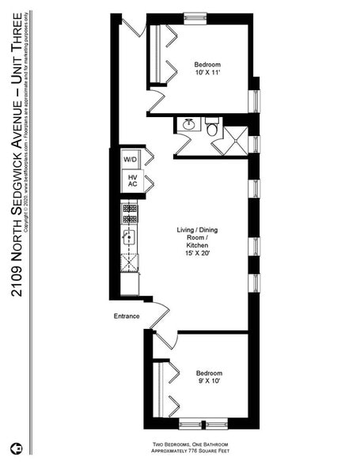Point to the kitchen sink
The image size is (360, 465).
pos(129,236)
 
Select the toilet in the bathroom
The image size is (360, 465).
pos(212,127)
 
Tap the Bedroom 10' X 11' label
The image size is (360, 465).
pos(207,69)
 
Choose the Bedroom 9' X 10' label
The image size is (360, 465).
pos(209,377)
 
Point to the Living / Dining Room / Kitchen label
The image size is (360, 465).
pos(197,242)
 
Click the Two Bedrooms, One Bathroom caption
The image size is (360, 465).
pos(198,444)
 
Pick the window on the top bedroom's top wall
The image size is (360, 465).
pos(195,16)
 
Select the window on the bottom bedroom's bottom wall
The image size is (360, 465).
pos(202,423)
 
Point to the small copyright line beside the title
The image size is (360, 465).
pos(28,127)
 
